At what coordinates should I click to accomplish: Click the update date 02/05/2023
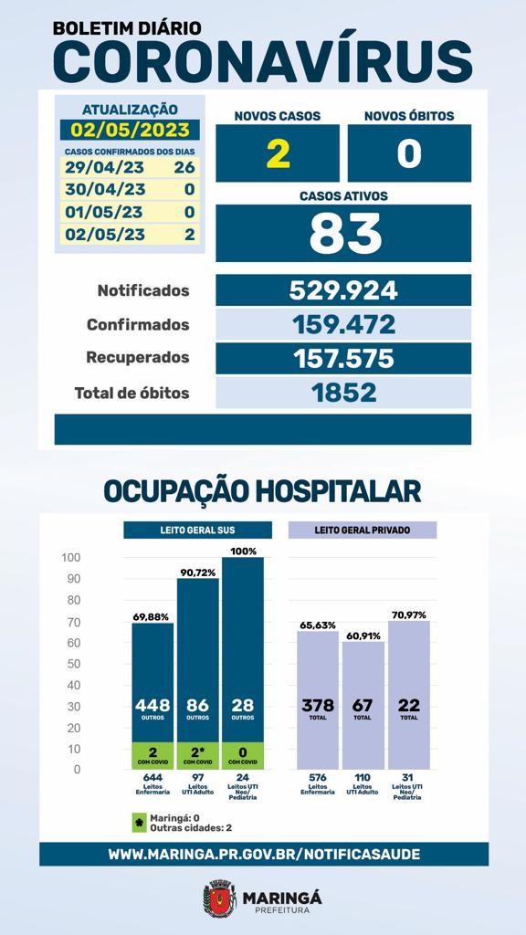tap(130, 130)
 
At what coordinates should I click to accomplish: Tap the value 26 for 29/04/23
tap(184, 167)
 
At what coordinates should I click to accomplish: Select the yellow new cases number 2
tap(278, 153)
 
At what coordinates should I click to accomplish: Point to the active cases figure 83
tap(345, 233)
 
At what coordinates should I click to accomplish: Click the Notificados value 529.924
tap(343, 290)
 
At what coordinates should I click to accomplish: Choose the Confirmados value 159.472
tap(343, 324)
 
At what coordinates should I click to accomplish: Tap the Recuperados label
tap(138, 358)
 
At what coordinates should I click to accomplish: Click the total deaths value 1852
tap(343, 393)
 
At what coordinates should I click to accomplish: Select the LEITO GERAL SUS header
tap(197, 531)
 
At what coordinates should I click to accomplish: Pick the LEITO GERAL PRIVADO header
tap(363, 531)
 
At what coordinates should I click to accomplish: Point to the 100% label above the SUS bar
tap(243, 552)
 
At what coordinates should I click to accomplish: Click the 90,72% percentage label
tap(197, 573)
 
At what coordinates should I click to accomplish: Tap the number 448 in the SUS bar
tap(153, 706)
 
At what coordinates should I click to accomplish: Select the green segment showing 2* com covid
tap(197, 755)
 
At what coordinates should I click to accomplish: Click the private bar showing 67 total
tap(363, 706)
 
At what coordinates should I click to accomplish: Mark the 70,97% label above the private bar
tap(409, 615)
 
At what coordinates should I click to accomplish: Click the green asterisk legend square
tap(139, 823)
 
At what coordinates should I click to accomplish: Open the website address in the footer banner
tap(264, 854)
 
